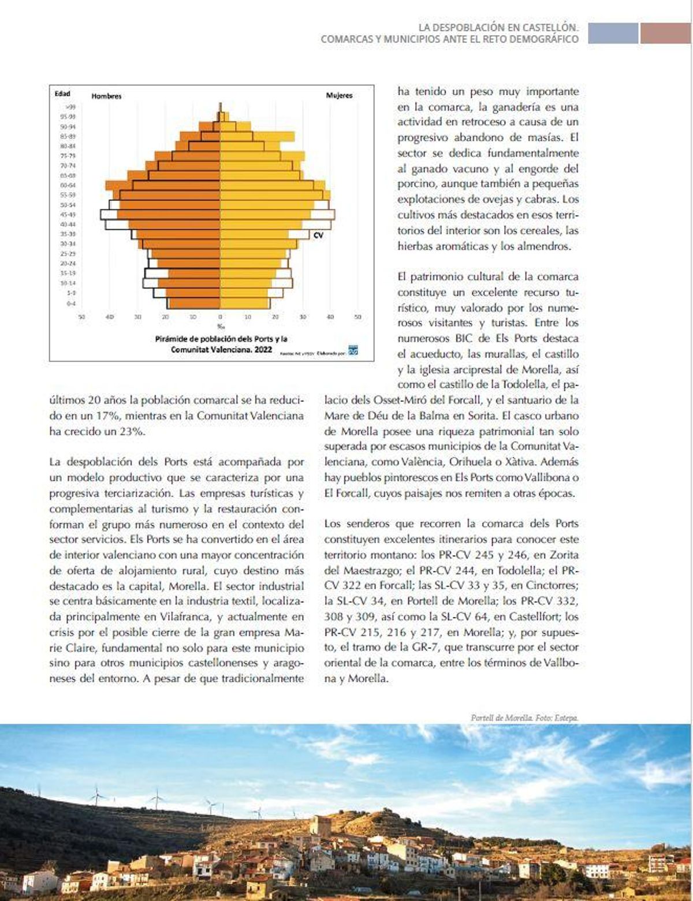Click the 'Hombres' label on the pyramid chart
click(106, 96)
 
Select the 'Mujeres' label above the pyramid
click(339, 96)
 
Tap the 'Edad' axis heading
click(62, 94)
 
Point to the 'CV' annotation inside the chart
click(318, 235)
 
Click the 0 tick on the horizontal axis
click(220, 317)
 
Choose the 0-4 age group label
click(71, 303)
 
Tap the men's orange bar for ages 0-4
click(193, 303)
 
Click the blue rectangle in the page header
click(613, 33)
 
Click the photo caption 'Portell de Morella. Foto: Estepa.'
click(524, 718)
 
